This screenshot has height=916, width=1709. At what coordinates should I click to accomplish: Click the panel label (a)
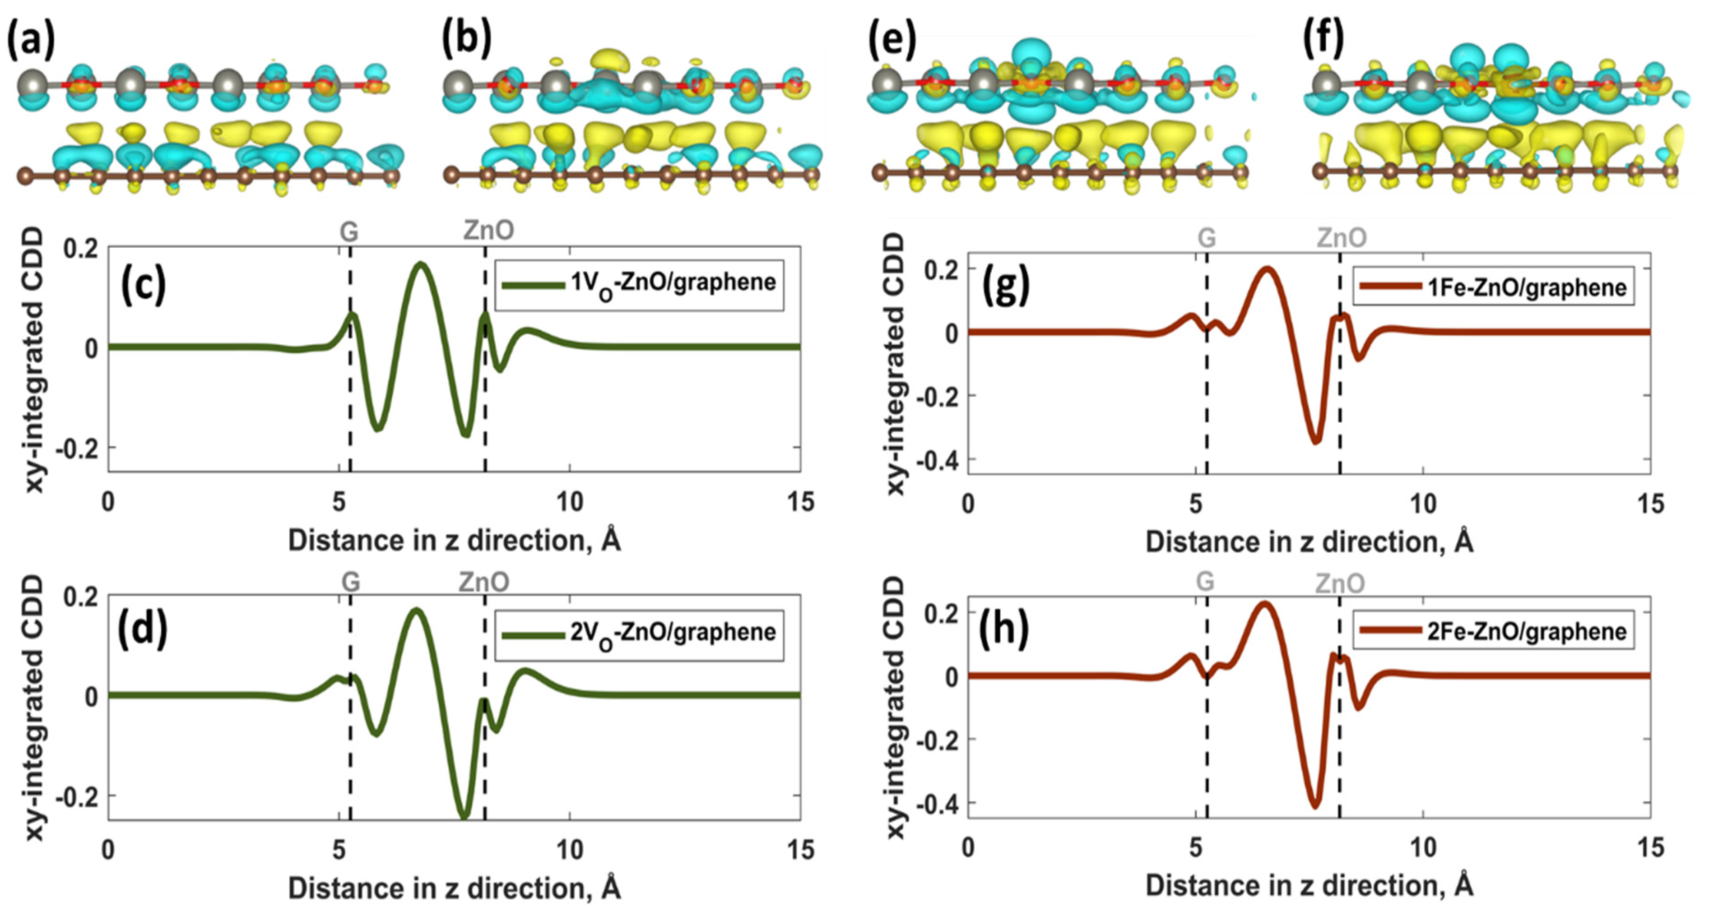tap(31, 38)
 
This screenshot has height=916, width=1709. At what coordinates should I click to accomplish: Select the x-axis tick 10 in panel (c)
tap(569, 503)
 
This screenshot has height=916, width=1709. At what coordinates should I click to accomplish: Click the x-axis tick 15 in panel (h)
tap(1650, 848)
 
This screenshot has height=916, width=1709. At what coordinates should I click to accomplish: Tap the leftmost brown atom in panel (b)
tap(452, 175)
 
